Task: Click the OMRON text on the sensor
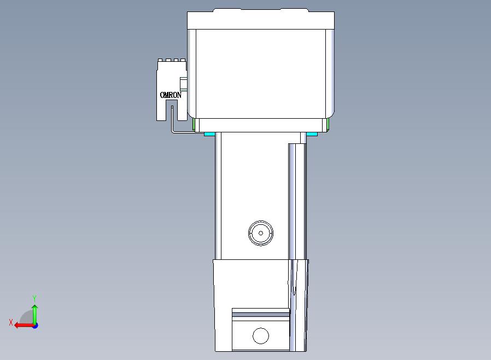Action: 171,95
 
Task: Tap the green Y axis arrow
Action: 35,315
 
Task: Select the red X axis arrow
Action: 24,326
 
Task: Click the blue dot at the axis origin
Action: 36,326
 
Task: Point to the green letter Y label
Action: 34,298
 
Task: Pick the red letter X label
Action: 11,322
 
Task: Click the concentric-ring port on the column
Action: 260,233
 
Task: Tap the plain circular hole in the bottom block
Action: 260,336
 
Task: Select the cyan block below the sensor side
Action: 209,134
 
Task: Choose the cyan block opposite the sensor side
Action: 312,134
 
